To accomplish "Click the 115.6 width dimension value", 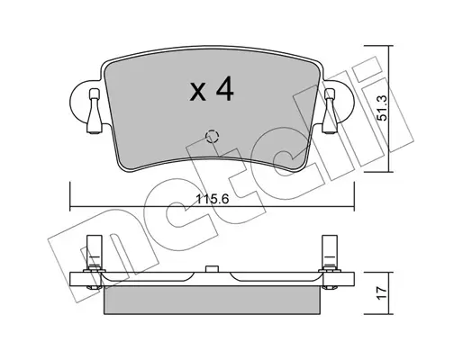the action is click(x=212, y=199).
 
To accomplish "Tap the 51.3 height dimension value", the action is click(x=382, y=108).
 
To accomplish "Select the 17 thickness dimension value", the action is click(x=382, y=293).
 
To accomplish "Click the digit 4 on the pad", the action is click(x=224, y=88).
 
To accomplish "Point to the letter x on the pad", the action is click(x=198, y=92).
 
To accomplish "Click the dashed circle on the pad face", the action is click(x=212, y=137).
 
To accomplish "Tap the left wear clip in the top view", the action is click(x=95, y=112).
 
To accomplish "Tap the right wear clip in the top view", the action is click(x=330, y=112).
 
